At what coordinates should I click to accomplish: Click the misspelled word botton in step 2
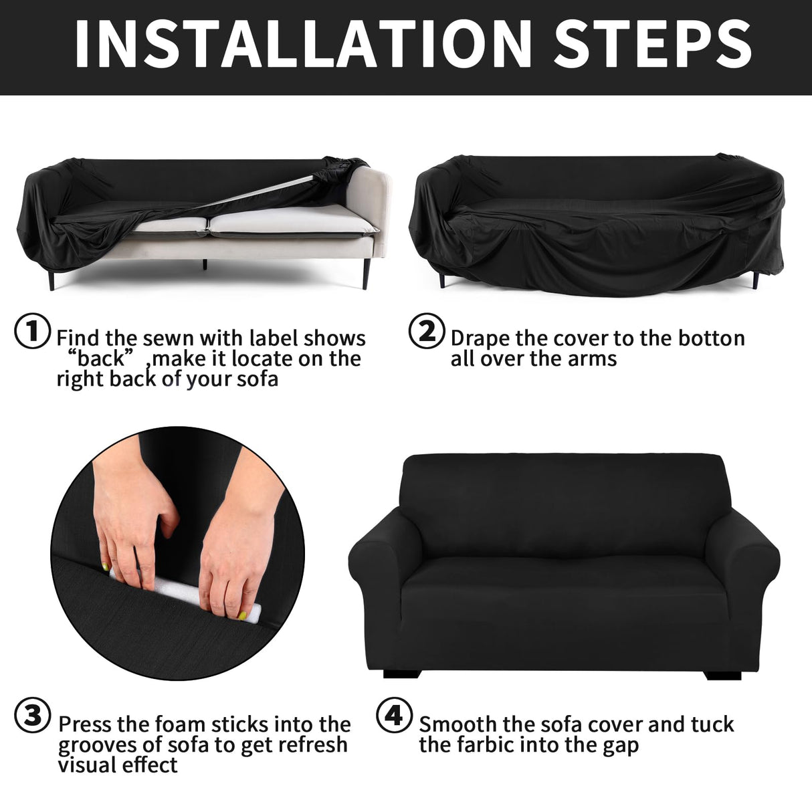[711, 338]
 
